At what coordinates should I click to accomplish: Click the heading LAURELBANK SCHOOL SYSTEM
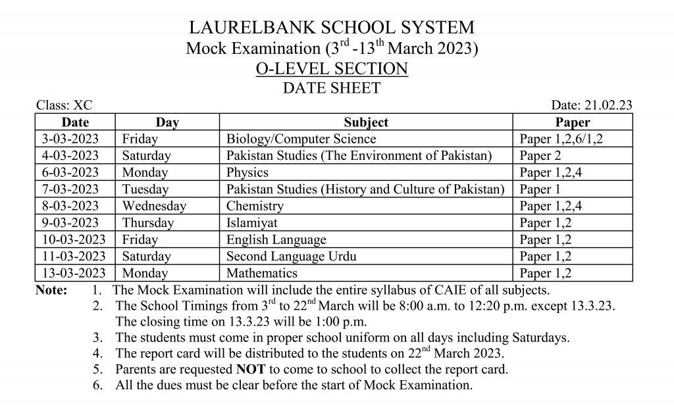point(331,28)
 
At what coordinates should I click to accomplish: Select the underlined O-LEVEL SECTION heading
point(331,68)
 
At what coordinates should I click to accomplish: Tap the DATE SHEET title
point(331,87)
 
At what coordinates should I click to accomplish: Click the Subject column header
point(366,122)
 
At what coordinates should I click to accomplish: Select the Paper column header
point(573,122)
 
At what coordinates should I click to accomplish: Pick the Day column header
point(167,122)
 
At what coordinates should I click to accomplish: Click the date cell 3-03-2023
point(70,139)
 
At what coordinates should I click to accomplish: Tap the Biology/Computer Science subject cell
point(301,139)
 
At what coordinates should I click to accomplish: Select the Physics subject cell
point(247,172)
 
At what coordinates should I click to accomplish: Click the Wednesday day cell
point(154,206)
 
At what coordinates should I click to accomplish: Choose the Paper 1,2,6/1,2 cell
point(561,139)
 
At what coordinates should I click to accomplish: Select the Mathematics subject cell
point(262,273)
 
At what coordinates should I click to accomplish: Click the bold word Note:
point(51,290)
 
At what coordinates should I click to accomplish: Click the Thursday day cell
point(147,223)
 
